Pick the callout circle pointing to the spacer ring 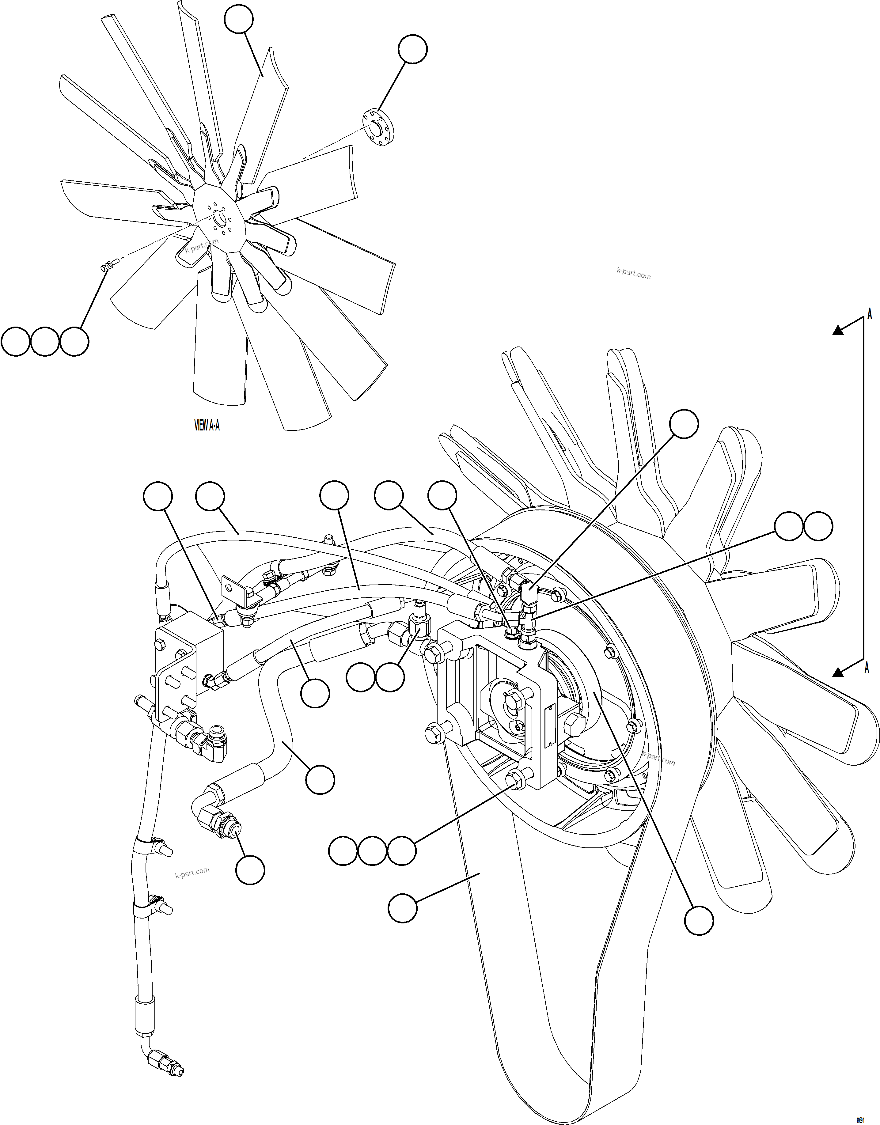click(412, 49)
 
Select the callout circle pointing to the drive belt click(402, 908)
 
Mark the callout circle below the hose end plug click(250, 870)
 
